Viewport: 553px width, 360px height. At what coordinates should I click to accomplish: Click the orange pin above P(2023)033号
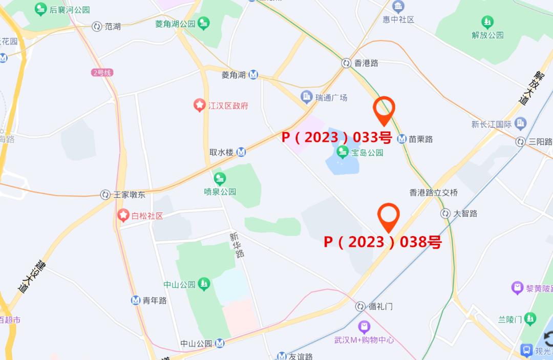point(384,109)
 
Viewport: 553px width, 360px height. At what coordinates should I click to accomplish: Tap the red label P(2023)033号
point(337,137)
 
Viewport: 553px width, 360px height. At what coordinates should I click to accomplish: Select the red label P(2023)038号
point(382,242)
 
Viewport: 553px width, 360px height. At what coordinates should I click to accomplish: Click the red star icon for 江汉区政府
point(199,105)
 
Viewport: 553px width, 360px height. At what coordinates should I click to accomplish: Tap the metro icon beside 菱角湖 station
point(253,75)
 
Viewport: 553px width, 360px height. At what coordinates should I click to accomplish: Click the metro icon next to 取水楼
point(241,152)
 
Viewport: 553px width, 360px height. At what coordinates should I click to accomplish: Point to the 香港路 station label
point(366,63)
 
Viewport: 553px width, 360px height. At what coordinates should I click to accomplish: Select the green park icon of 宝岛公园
point(343,152)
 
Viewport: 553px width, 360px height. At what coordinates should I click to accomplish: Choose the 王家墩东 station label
point(129,195)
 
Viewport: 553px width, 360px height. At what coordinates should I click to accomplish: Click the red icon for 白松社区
point(123,215)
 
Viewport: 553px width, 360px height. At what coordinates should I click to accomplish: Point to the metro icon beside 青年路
point(136,301)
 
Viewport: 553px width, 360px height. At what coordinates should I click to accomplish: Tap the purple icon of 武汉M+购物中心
point(364,326)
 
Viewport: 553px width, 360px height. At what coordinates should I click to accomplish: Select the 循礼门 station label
point(380,306)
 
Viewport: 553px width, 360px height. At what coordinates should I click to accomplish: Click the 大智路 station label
point(465,213)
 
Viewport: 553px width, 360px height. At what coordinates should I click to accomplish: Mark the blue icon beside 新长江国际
point(521,123)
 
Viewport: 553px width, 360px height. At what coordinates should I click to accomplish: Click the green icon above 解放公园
point(487,23)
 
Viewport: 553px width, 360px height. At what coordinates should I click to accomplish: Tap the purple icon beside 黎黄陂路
point(517,288)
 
